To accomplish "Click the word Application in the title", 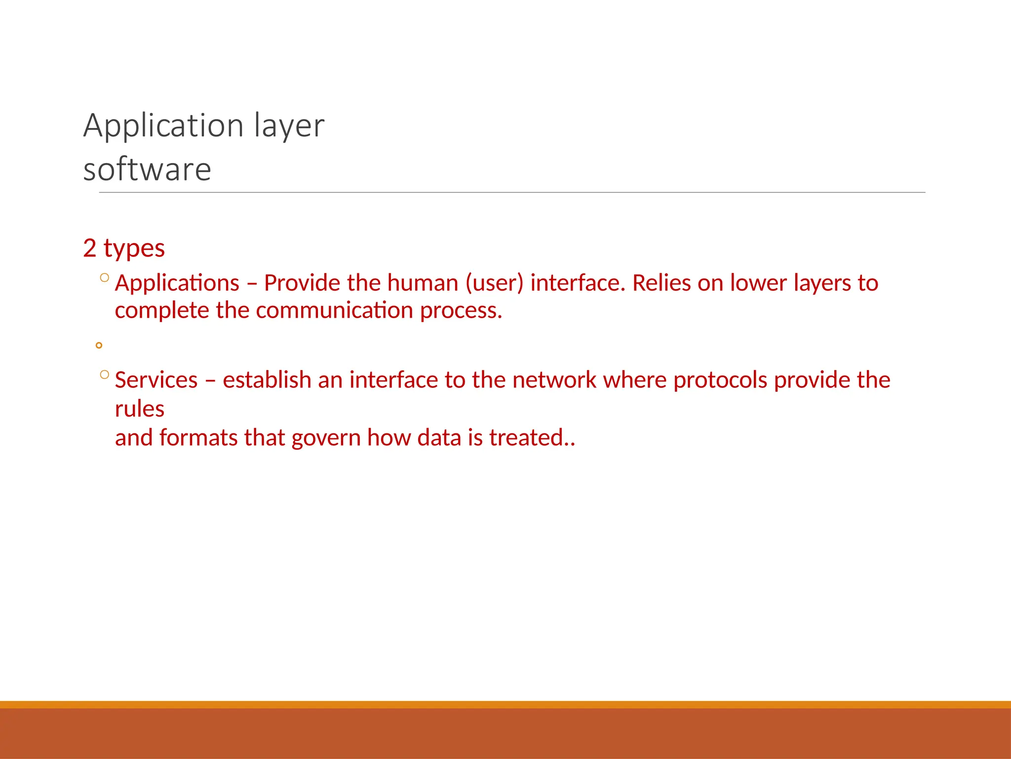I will pos(163,126).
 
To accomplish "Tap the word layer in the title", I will pos(289,126).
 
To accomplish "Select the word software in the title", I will pos(147,169).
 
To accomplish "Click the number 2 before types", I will pos(89,248).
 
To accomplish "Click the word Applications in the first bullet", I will pos(177,283).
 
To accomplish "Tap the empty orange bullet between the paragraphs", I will pos(99,345).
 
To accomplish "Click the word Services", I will pos(156,380).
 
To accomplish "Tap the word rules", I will pos(139,409).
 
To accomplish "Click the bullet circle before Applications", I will pos(104,278).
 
